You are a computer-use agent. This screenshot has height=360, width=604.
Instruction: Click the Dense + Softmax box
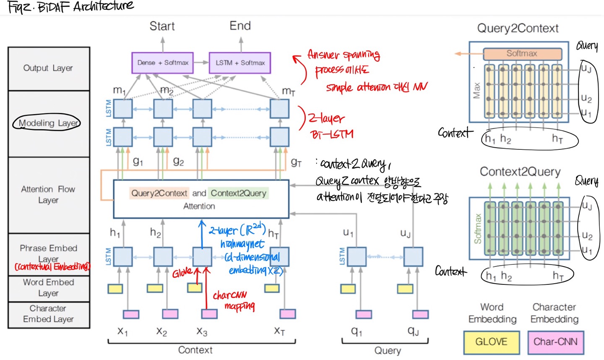162,63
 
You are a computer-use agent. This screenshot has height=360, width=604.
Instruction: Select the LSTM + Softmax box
240,63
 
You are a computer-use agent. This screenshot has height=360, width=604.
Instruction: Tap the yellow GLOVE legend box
491,342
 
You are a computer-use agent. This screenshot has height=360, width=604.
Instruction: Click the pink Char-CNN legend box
555,342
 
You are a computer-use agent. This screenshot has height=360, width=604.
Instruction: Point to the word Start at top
162,26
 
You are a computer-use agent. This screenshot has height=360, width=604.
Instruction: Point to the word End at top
240,26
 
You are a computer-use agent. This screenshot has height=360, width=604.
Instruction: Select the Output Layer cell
48,68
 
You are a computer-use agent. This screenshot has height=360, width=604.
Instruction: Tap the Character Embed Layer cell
48,314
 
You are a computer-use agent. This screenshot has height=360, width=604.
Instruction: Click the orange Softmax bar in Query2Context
522,54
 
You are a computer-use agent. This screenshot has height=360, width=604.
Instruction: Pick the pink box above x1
131,314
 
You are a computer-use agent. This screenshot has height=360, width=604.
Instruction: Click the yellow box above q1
348,289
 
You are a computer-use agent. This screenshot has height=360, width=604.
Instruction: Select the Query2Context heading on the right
518,29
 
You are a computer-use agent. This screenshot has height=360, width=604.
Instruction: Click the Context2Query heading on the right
520,172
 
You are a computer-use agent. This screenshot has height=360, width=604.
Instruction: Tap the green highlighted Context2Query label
238,193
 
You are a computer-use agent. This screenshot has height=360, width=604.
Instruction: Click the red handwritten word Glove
182,273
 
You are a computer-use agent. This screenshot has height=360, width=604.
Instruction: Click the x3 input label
202,331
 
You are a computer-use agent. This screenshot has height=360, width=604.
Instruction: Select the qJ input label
413,331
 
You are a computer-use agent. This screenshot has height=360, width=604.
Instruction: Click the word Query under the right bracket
387,350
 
